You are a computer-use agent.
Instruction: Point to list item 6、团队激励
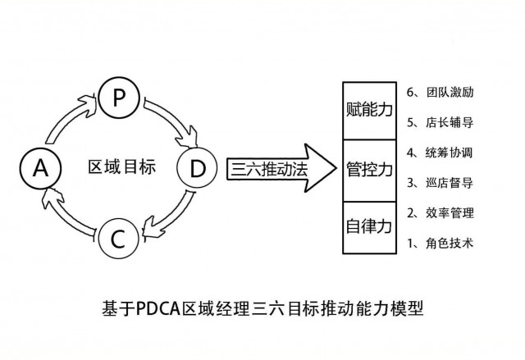coord(440,91)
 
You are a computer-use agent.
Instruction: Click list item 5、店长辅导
coord(440,121)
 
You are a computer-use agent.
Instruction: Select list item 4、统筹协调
coord(440,152)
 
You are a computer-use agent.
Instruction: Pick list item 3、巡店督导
coord(440,182)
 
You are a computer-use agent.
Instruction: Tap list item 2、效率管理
coord(440,212)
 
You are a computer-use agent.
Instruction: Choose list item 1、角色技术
coord(440,243)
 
